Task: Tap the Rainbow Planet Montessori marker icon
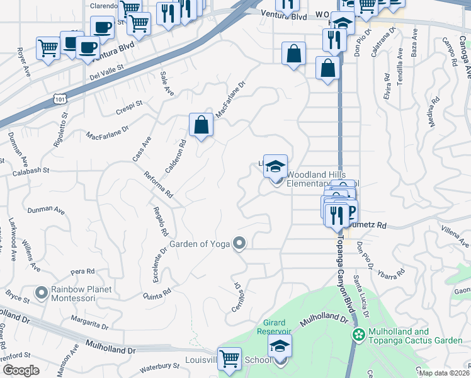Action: point(42,293)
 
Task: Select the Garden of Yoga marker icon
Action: point(239,243)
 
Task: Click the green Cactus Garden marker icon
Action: point(359,334)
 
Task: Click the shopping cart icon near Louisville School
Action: point(229,359)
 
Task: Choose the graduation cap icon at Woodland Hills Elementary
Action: point(275,166)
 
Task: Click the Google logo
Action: point(21,370)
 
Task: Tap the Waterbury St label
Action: point(159,366)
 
